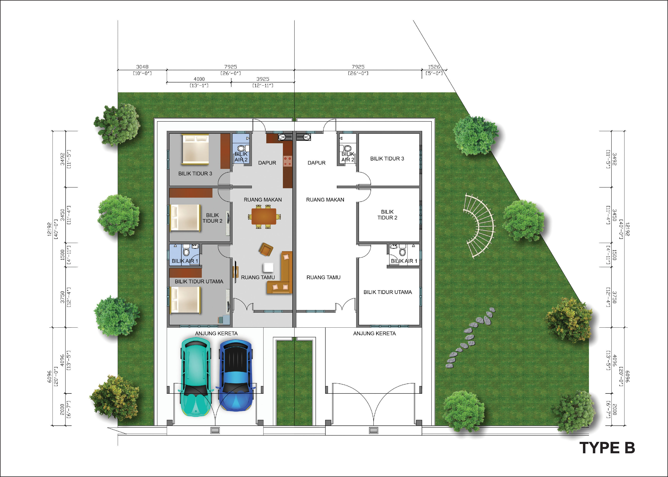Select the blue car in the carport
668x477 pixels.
[x=236, y=376]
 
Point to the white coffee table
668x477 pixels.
[x=268, y=267]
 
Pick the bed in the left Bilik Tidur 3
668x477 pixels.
[x=195, y=149]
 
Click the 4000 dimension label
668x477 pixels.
[x=199, y=79]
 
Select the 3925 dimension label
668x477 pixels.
[x=263, y=79]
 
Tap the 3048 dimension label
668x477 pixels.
[x=142, y=67]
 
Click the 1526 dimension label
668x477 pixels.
[x=434, y=67]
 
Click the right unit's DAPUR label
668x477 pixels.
[x=316, y=163]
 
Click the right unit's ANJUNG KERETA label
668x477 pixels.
[x=374, y=333]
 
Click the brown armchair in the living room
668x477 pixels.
[x=266, y=249]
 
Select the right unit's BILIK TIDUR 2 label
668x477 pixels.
[x=387, y=215]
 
